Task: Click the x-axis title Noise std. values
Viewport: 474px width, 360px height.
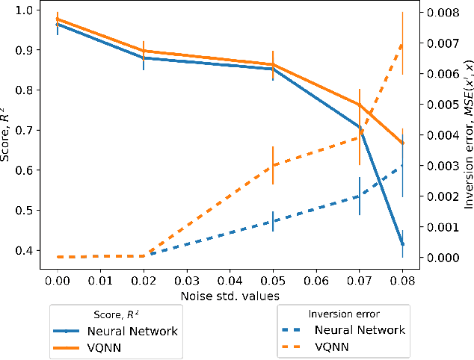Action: pyautogui.click(x=229, y=296)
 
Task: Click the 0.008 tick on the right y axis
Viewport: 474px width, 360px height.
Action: pyautogui.click(x=440, y=13)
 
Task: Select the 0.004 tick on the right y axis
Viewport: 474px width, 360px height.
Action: pyautogui.click(x=440, y=135)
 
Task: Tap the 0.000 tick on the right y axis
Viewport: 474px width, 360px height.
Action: pyautogui.click(x=440, y=257)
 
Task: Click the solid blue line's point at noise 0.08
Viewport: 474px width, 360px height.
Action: pyautogui.click(x=402, y=243)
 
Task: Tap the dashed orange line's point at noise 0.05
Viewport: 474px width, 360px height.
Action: pyautogui.click(x=272, y=165)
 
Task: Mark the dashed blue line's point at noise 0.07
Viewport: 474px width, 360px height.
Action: pyautogui.click(x=359, y=196)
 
